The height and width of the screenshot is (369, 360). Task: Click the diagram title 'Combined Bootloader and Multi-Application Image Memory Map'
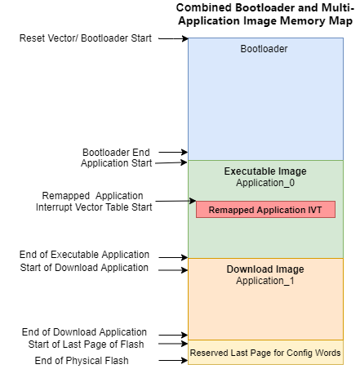point(265,14)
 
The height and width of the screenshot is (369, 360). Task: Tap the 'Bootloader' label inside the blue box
point(264,49)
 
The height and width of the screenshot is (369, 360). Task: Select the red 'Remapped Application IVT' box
point(265,210)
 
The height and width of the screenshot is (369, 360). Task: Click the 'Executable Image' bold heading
point(265,171)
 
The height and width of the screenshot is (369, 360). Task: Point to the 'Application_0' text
point(265,183)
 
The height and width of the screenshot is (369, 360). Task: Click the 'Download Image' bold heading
point(265,269)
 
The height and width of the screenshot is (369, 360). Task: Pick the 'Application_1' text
point(265,281)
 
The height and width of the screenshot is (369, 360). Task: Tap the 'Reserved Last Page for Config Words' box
point(265,353)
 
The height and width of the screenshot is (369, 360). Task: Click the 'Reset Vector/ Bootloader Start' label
point(86,38)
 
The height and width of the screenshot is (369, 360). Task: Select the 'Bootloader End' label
point(116,153)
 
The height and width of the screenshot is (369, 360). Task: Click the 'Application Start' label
point(117,163)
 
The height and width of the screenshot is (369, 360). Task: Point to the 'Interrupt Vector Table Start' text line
point(94,207)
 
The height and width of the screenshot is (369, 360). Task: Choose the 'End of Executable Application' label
point(84,255)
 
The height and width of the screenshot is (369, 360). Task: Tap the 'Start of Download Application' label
point(84,268)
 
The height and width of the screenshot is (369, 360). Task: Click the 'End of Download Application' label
point(84,332)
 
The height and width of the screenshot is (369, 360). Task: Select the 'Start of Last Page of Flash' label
point(86,345)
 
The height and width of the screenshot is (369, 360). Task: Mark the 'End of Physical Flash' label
point(82,361)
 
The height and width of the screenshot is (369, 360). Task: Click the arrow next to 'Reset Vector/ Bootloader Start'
point(173,38)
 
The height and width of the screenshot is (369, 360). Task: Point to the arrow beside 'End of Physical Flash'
point(173,361)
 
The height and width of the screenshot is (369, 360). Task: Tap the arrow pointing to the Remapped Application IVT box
point(176,201)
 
